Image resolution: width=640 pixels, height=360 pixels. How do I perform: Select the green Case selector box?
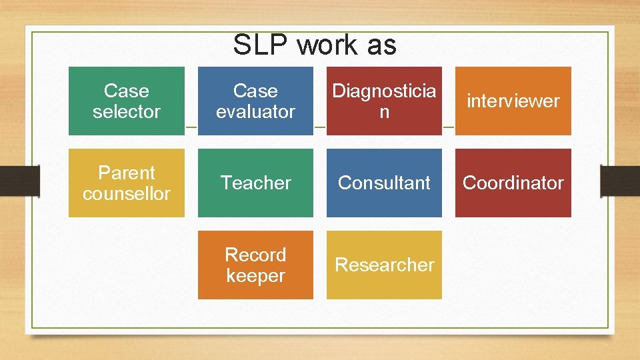tap(127, 101)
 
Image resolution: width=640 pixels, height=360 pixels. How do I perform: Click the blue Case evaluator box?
tap(255, 101)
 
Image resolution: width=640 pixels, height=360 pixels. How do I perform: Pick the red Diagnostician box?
tap(384, 101)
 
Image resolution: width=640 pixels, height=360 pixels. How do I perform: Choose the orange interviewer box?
tap(513, 101)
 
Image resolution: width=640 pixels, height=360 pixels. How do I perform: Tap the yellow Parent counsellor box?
tap(127, 183)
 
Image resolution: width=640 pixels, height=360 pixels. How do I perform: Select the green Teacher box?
tap(255, 183)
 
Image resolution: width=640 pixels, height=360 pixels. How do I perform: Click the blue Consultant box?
tap(384, 183)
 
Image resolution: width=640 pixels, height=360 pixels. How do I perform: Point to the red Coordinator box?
tap(513, 183)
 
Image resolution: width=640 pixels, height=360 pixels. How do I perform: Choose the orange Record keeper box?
tap(255, 265)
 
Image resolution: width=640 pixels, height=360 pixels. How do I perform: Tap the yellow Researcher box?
tap(384, 265)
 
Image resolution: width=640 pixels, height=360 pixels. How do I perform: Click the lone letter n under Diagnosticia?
tap(384, 112)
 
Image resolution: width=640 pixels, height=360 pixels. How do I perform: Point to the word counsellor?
tap(127, 193)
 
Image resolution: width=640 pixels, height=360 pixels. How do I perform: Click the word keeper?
tap(255, 275)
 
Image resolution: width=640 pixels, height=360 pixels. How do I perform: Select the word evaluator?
tap(255, 111)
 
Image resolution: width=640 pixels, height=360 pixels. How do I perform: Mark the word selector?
tap(127, 111)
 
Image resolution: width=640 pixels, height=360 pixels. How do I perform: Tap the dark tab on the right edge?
tap(620, 181)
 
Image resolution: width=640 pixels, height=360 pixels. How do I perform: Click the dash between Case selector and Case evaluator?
tap(191, 127)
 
